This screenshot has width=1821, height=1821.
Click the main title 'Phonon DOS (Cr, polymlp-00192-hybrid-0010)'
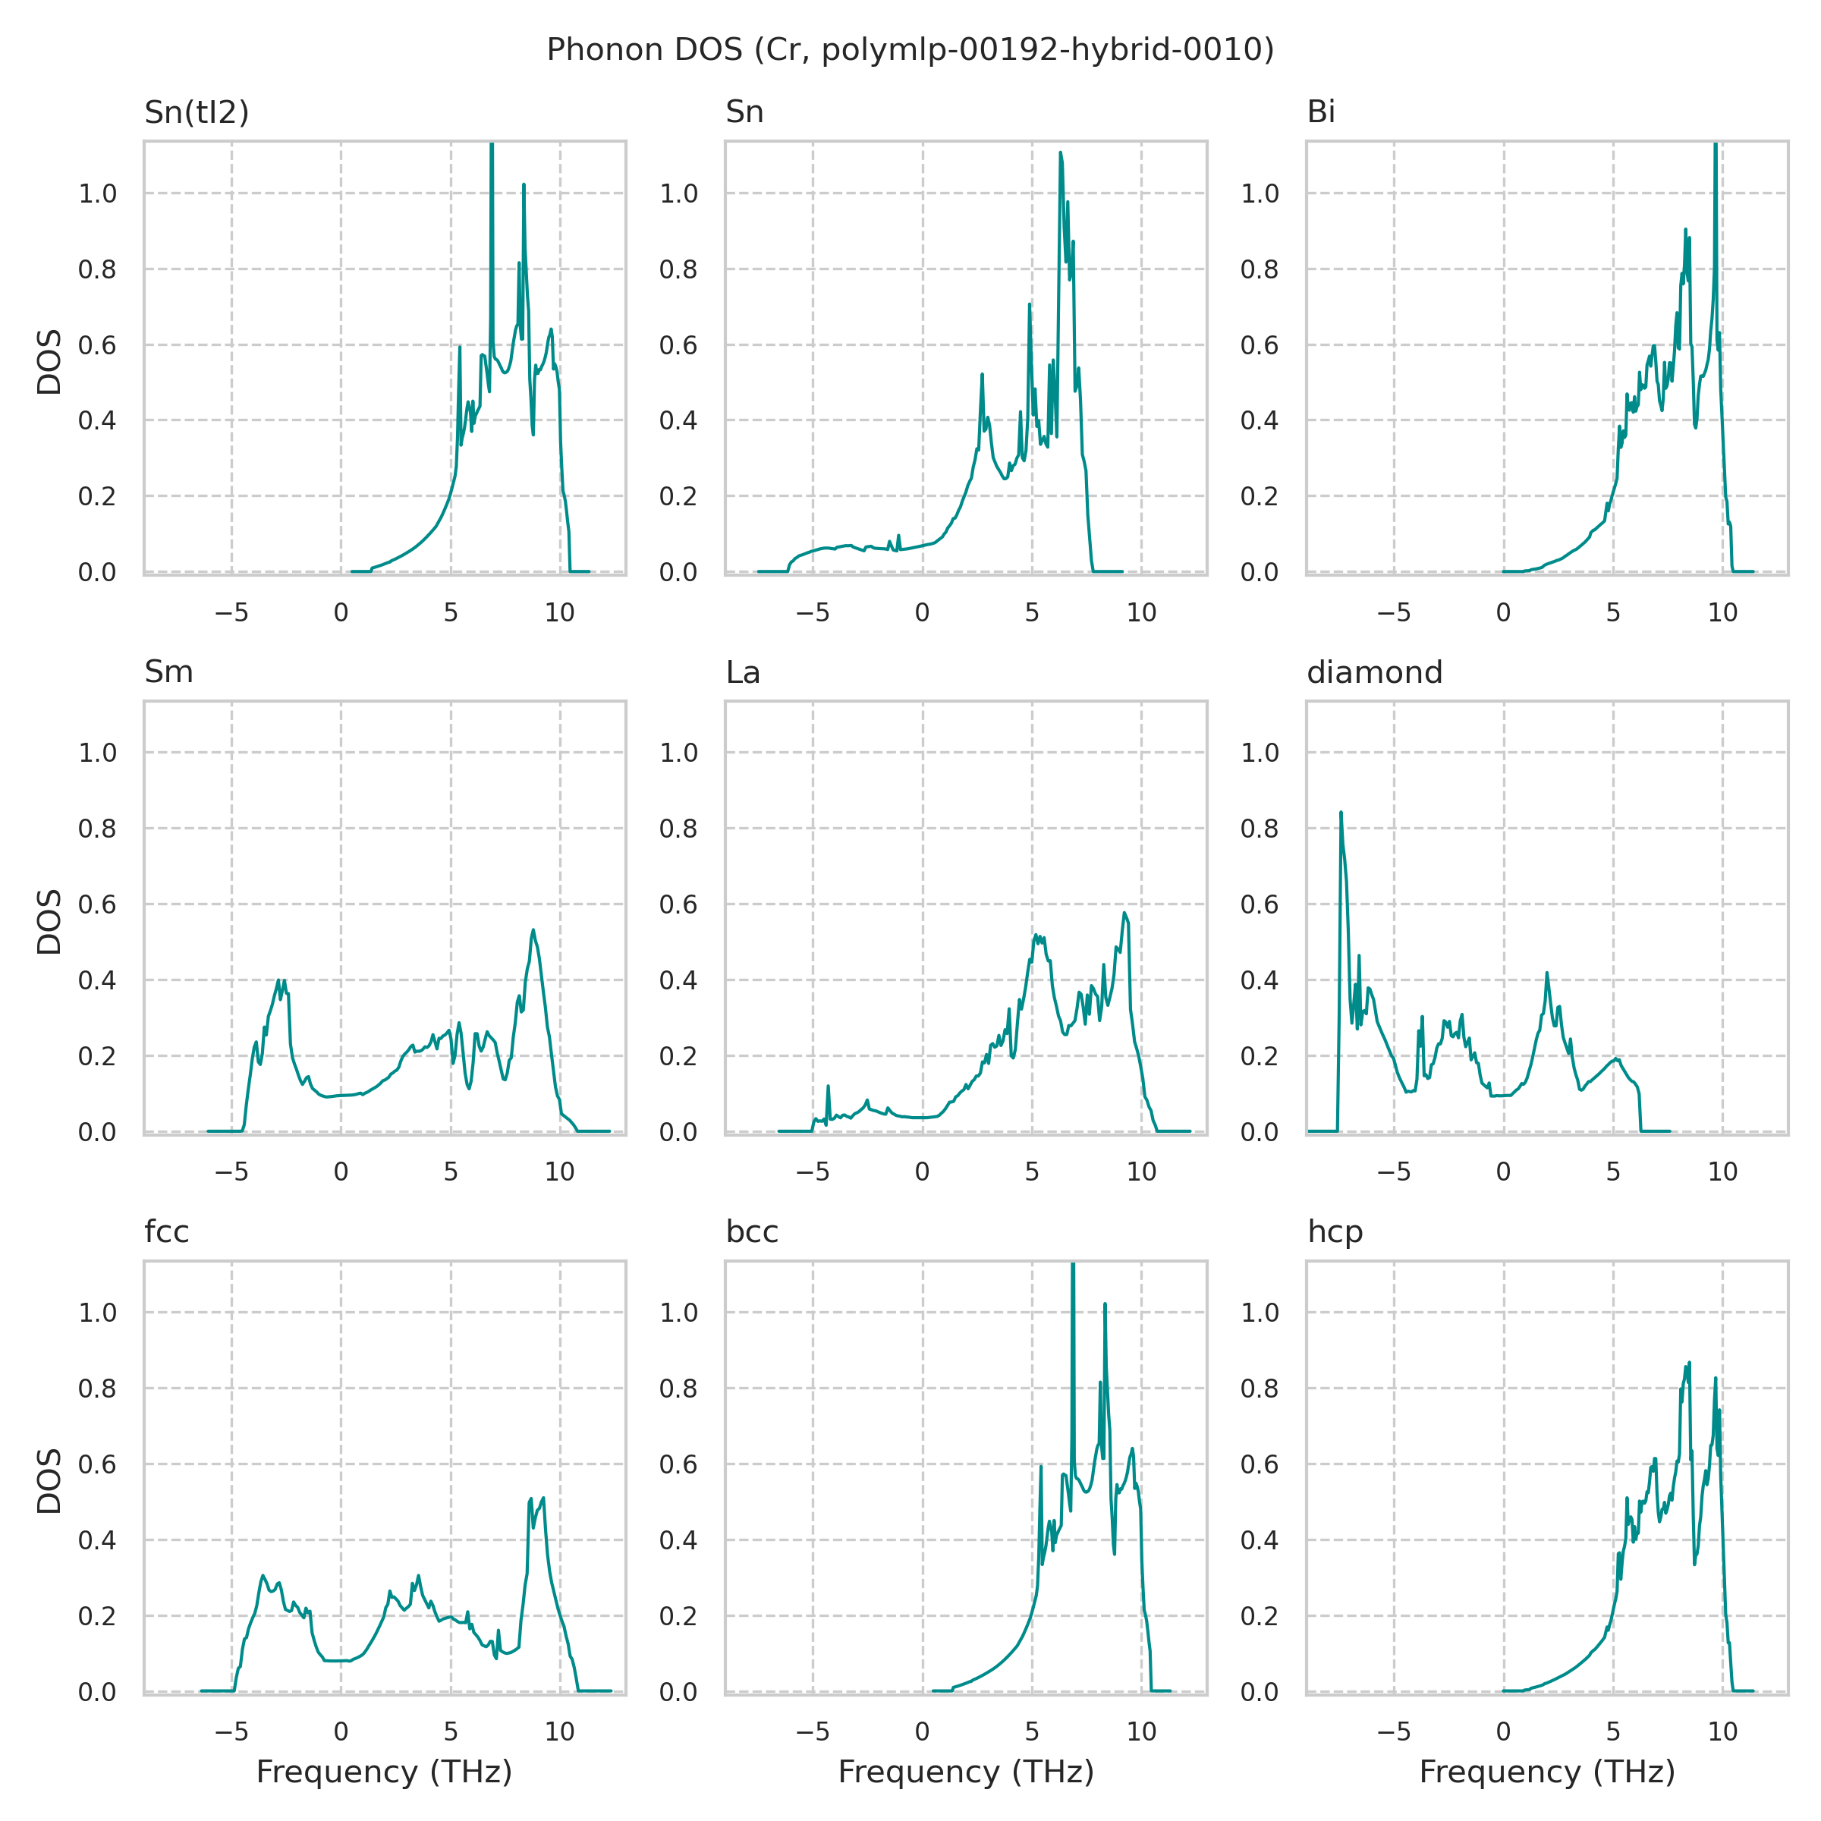tap(910, 50)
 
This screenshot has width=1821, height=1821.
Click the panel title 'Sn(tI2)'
tap(196, 112)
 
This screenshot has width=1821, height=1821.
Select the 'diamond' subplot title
tap(1374, 672)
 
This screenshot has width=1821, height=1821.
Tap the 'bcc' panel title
tap(751, 1232)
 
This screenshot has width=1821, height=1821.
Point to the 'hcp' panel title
tap(1335, 1232)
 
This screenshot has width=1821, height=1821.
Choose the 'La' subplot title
tap(743, 672)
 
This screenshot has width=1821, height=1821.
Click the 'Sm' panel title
tap(168, 672)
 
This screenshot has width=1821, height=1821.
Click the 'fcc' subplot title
tap(167, 1232)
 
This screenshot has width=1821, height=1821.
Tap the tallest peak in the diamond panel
tap(1340, 813)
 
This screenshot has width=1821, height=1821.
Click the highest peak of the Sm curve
tap(533, 930)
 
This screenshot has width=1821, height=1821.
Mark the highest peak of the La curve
tap(1124, 912)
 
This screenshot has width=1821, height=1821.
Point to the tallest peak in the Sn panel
tap(1061, 153)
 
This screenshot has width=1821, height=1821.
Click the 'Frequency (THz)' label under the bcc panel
tap(965, 1772)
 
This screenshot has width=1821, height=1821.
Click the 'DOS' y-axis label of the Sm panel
tap(49, 921)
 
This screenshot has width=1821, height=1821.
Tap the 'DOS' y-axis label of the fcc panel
tap(49, 1481)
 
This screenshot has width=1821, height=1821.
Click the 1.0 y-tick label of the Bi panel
tap(1260, 194)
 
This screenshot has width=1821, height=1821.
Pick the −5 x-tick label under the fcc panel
tap(231, 1731)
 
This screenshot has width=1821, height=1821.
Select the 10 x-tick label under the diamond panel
tap(1722, 1172)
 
